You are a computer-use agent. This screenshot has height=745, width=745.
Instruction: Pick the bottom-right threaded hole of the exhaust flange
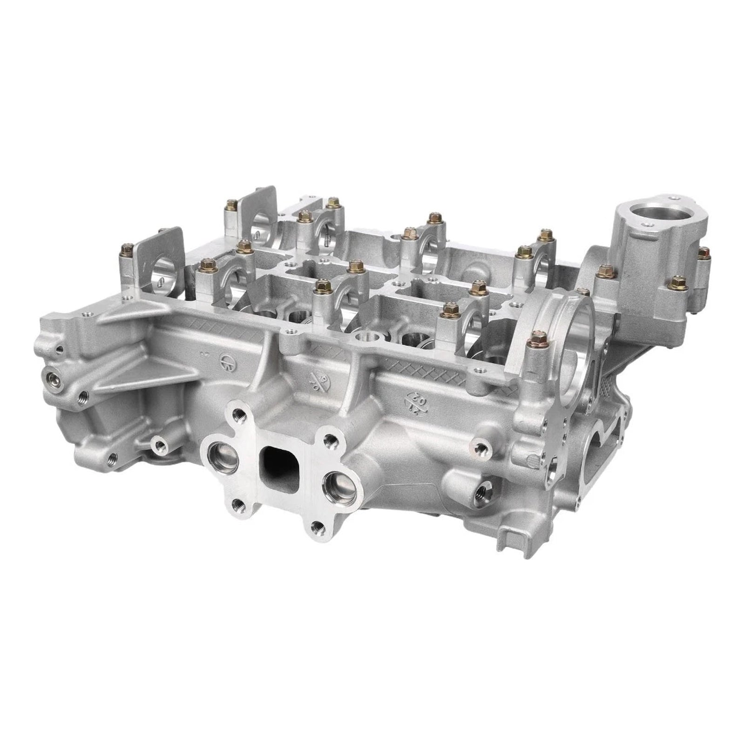coord(318,526)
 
